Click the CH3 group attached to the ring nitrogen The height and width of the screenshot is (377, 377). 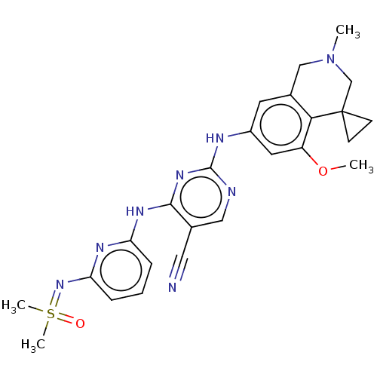[348, 31]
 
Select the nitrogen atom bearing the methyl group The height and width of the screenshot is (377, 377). [330, 59]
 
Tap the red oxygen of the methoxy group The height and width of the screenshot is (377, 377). [323, 171]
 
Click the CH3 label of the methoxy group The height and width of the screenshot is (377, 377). [361, 166]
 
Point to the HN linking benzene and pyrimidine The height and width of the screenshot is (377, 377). [215, 138]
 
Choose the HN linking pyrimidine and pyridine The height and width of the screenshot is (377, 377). [135, 211]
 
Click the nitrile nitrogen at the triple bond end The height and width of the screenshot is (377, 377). [172, 287]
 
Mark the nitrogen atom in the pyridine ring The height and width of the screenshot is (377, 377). [100, 247]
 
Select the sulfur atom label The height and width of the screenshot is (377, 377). [51, 314]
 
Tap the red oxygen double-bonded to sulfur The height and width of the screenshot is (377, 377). [80, 323]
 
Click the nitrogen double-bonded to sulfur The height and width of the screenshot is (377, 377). [60, 285]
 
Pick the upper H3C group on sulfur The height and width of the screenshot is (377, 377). [14, 306]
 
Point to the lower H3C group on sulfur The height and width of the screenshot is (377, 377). [33, 345]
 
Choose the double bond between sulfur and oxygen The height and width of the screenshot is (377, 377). [66, 319]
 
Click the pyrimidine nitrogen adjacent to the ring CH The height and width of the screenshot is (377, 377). [231, 192]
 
